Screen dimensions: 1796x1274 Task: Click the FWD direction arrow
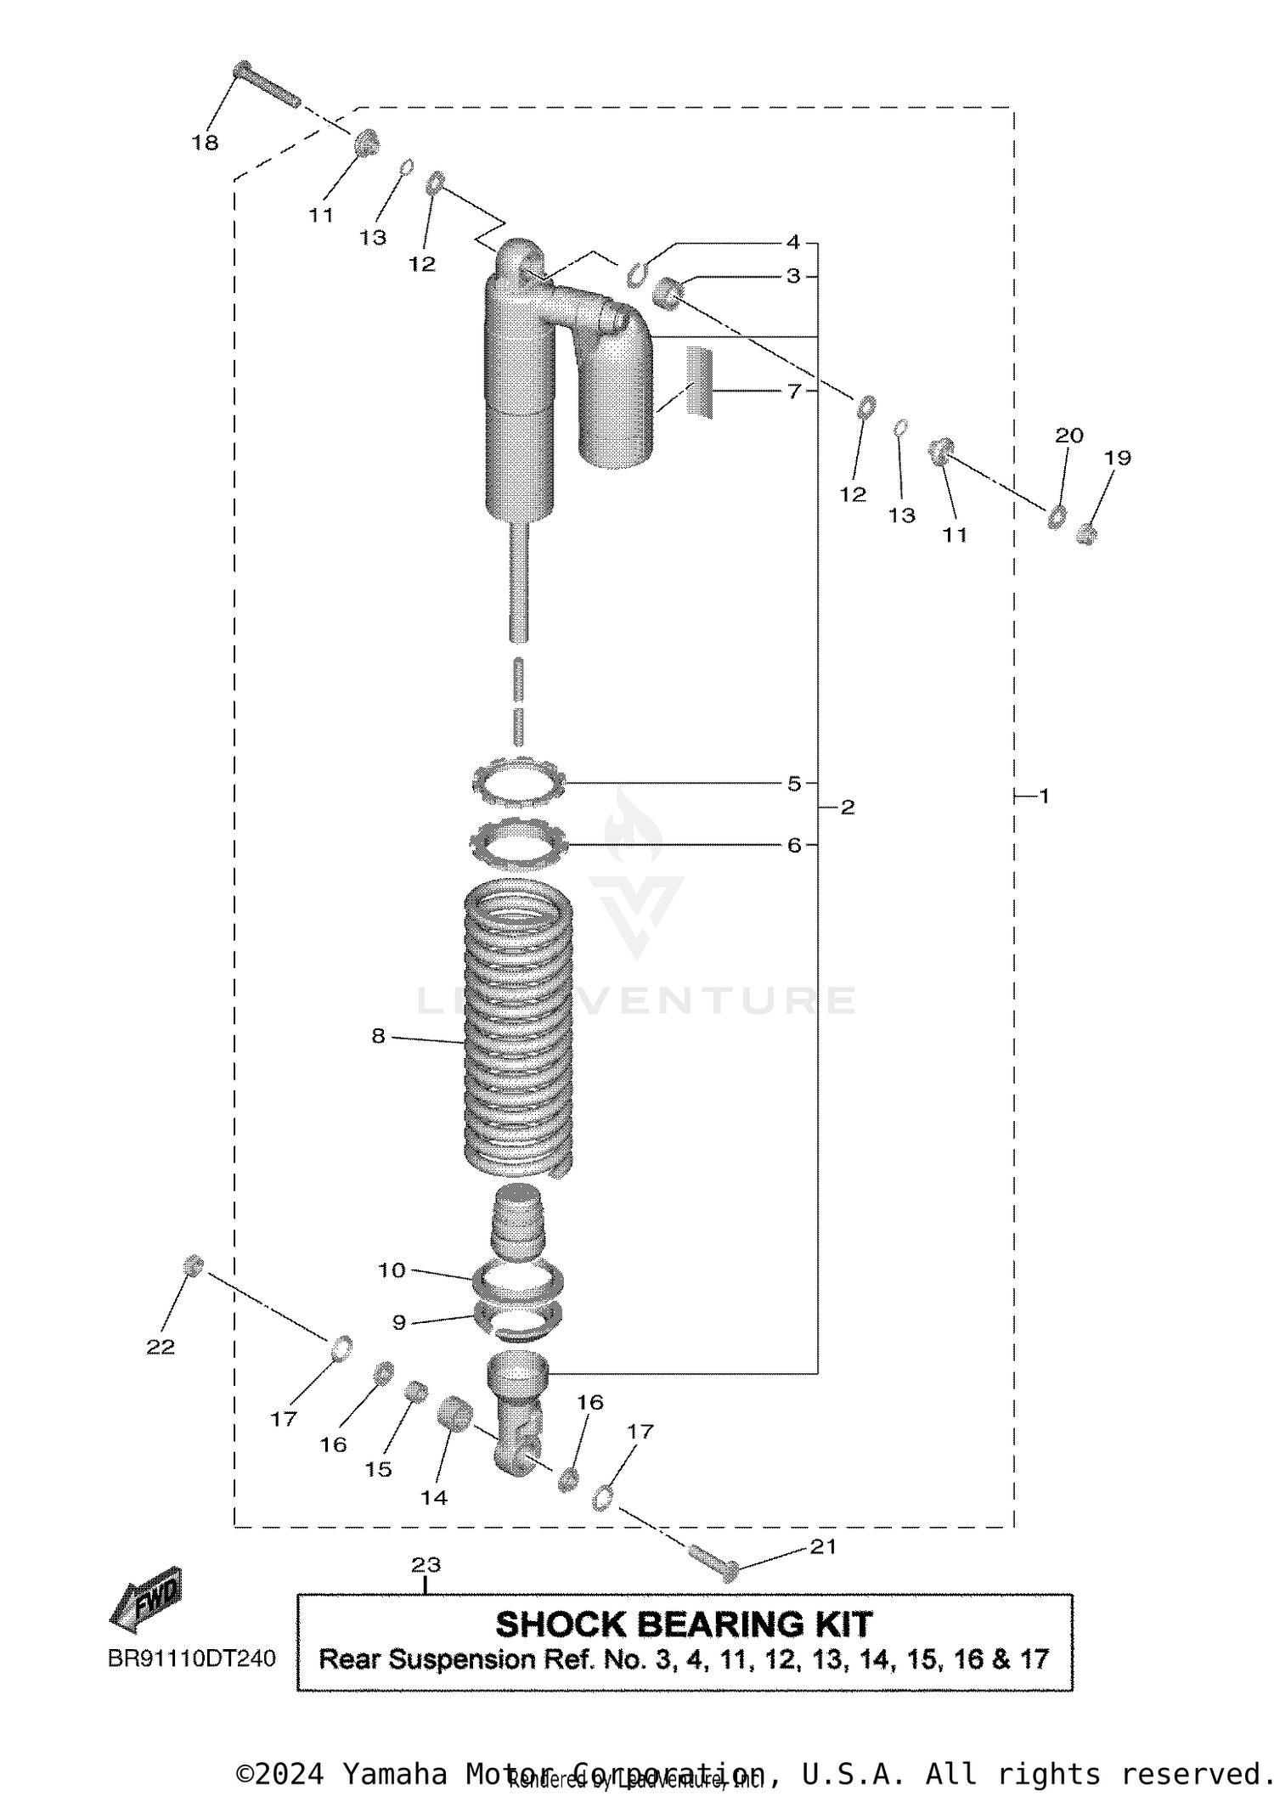pos(146,1600)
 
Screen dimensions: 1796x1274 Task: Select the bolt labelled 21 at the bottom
pos(710,1560)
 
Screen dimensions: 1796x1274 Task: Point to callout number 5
pos(793,783)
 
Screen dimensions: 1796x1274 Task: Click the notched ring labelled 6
pos(518,844)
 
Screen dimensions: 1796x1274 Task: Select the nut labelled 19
pos(1086,534)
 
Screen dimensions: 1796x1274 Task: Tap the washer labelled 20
pos(1057,515)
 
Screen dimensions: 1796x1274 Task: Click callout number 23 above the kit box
pos(426,1564)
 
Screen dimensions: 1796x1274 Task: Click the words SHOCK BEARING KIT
pos(684,1624)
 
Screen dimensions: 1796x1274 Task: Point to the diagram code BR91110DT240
pos(192,1658)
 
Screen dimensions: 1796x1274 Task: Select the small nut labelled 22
pos(194,1265)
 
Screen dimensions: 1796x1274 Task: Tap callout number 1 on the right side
pos(1044,796)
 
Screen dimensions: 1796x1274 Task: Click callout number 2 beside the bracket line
pos(847,807)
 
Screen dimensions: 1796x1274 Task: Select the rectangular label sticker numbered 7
pos(700,382)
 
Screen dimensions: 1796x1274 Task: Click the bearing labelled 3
pos(669,294)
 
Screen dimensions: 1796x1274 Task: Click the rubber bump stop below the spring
pos(517,1223)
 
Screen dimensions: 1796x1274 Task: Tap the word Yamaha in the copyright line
pos(394,1774)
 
